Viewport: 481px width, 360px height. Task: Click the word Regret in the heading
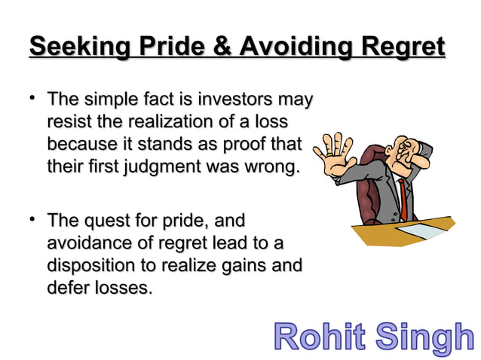[403, 47]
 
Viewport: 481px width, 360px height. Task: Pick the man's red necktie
[403, 200]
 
